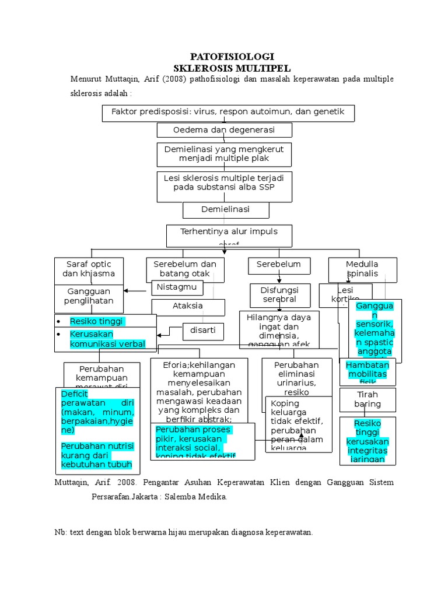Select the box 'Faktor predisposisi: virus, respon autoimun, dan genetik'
click(228, 113)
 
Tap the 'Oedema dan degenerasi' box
click(224, 129)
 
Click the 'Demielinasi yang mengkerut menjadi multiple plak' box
click(224, 154)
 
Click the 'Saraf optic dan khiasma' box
click(89, 269)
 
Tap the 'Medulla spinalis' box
click(362, 269)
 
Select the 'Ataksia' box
click(188, 306)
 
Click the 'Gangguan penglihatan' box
click(89, 296)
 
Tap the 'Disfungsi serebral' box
click(279, 294)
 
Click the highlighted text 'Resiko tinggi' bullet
click(97, 321)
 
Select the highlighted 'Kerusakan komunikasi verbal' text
click(107, 339)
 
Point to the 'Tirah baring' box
click(367, 399)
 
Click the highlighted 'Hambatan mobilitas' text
click(367, 370)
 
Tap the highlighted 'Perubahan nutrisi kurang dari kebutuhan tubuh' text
click(97, 455)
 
